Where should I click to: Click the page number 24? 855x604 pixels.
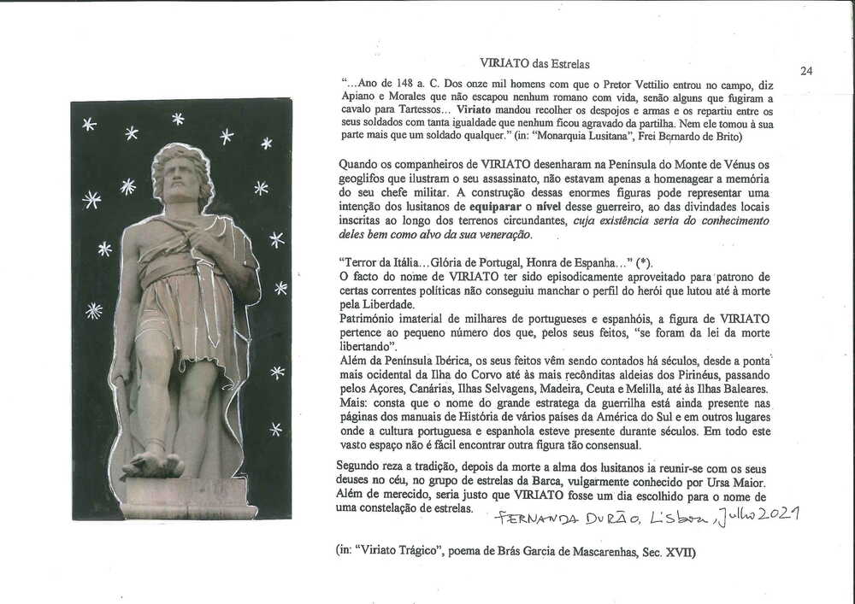pyautogui.click(x=806, y=71)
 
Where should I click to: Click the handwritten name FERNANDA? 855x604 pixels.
pyautogui.click(x=531, y=519)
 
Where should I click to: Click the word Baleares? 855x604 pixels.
pyautogui.click(x=741, y=389)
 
